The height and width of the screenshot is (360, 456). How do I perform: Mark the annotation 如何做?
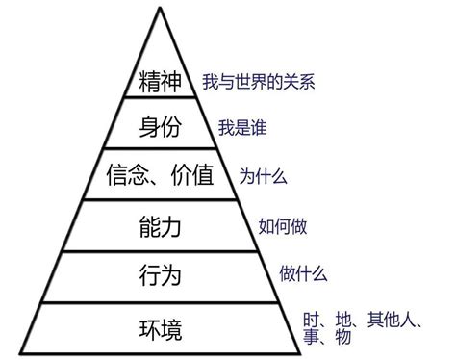[x=280, y=228]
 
